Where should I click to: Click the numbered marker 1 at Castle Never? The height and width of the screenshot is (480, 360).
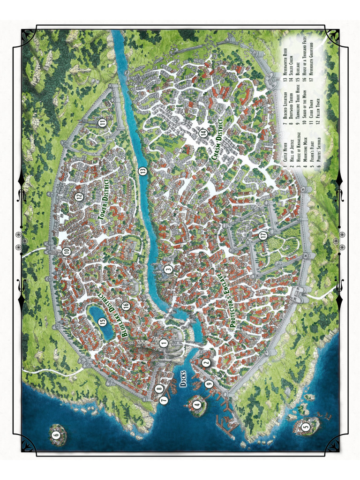pos(164,343)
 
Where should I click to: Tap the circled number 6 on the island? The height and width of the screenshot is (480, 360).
pos(56,434)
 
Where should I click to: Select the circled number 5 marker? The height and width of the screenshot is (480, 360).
pos(306,427)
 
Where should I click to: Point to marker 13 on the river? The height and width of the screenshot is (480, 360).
pos(143,172)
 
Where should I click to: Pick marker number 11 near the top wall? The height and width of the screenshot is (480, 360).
pos(103,123)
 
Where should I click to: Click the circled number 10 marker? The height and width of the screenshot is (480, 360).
pos(67,252)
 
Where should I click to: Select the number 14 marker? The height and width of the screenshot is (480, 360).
pos(203,133)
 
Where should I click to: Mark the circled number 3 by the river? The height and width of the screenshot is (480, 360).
pos(168,269)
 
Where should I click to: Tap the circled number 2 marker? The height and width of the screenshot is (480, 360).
pos(205,362)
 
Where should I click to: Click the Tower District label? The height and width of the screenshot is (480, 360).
pos(104,199)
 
